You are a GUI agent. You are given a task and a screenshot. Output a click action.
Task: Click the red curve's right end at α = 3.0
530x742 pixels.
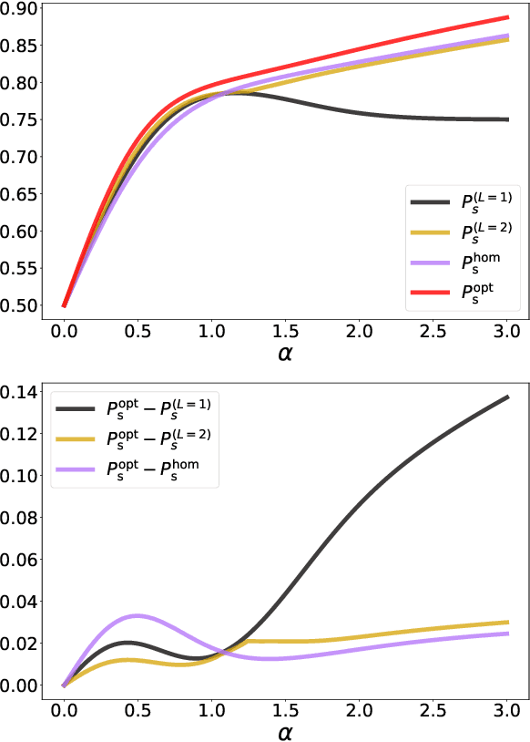[x=506, y=17]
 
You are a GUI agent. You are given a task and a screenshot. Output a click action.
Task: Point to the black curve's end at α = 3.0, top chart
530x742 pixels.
[x=506, y=119]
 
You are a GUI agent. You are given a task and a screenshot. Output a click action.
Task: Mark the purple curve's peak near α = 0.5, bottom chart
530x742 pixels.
[x=137, y=615]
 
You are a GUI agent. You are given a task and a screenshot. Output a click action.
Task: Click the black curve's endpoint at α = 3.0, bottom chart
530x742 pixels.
[x=506, y=397]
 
